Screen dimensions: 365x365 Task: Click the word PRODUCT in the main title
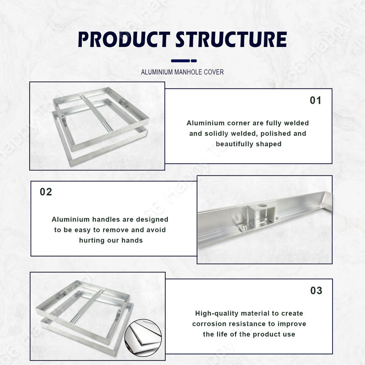coord(124,39)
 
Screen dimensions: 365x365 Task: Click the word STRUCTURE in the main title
coord(231,39)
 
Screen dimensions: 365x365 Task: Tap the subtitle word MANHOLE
coord(188,72)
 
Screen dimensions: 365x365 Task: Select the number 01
coord(315,100)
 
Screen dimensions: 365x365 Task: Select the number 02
coord(46,192)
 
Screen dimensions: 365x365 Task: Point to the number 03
coord(317,291)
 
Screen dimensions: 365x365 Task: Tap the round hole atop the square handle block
coord(262,206)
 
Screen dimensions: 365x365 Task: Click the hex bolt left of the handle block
coord(244,227)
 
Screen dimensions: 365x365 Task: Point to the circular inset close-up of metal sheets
coord(143,338)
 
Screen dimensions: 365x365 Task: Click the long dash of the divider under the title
coord(180,61)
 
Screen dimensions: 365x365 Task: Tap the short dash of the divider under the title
coord(194,61)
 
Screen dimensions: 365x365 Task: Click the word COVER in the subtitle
coord(214,72)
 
